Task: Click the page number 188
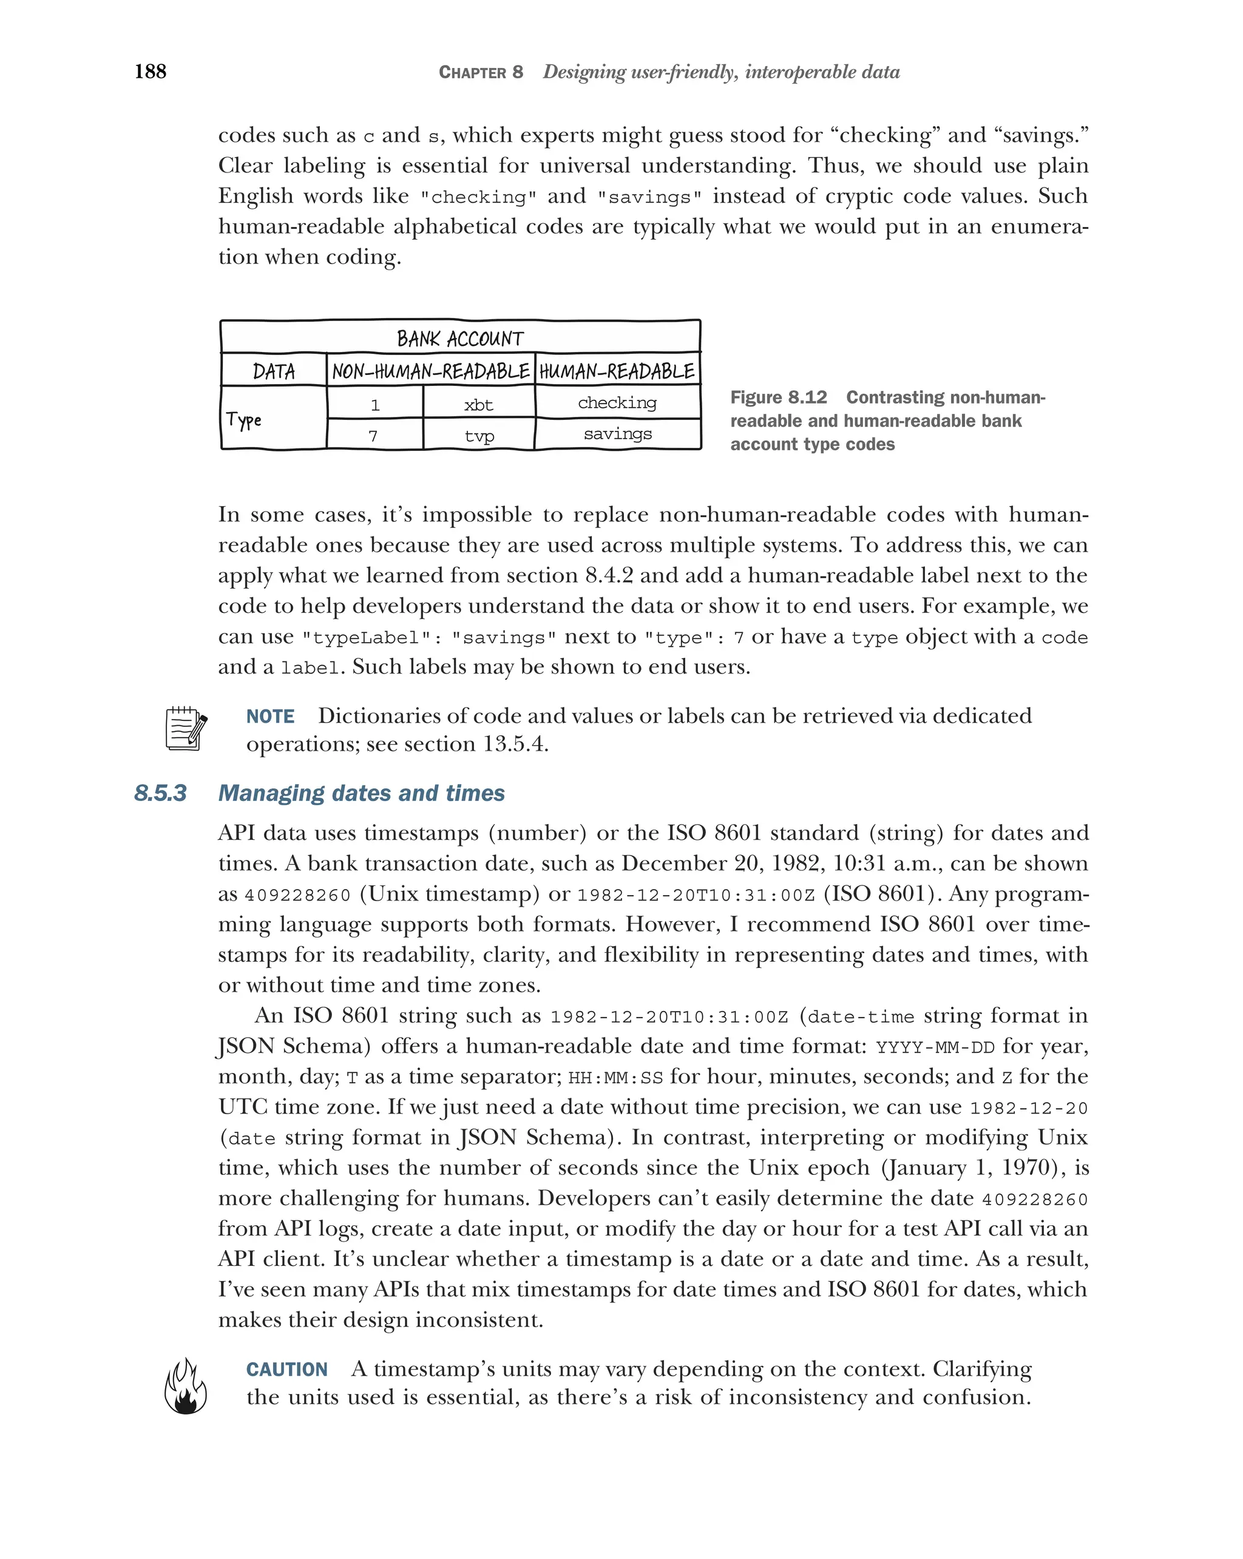151,71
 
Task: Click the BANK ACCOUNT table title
460,339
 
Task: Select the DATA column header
274,371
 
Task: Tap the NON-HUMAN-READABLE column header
431,371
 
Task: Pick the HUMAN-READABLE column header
617,371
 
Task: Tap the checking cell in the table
617,403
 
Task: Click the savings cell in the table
617,434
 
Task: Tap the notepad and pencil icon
186,729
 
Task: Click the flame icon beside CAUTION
186,1385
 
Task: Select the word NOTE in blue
271,717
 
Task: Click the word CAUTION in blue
287,1370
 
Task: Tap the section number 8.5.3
160,793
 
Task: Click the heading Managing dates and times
361,793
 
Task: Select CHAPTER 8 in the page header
481,72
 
